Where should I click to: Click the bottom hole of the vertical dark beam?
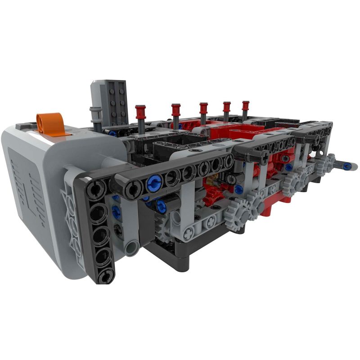104,275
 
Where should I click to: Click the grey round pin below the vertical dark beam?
131,247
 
